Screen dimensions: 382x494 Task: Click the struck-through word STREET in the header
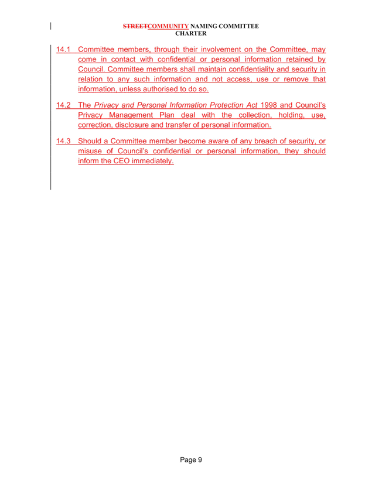[135, 26]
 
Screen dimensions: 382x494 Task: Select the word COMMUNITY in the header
[168, 26]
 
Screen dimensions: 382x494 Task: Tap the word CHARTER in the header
[191, 33]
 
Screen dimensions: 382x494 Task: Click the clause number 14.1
[63, 50]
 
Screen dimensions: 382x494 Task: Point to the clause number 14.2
[63, 105]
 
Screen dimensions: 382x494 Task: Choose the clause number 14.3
[63, 141]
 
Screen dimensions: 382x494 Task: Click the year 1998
[268, 105]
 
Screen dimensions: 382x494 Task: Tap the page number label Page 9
[191, 460]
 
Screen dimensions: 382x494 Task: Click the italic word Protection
[227, 105]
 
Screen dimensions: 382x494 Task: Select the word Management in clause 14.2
[131, 115]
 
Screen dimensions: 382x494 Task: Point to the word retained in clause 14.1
[299, 60]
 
